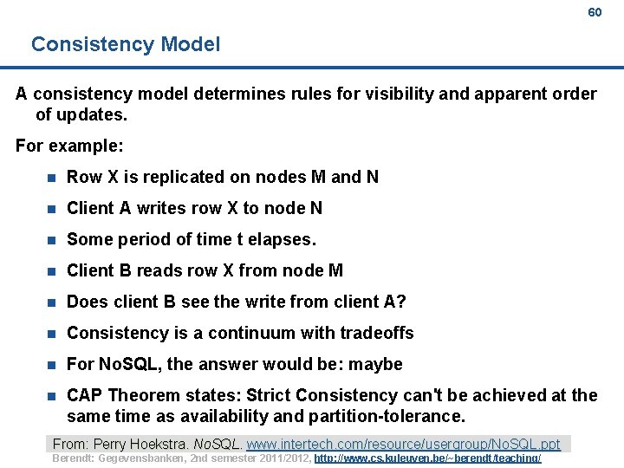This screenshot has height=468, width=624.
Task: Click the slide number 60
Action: (x=595, y=12)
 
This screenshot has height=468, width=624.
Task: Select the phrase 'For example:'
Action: (x=69, y=145)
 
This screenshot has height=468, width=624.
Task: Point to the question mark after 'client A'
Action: (x=401, y=302)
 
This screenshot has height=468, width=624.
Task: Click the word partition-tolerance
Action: (x=387, y=416)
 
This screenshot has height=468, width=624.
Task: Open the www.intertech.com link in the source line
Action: (x=403, y=444)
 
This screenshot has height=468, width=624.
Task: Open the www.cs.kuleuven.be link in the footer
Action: (x=428, y=458)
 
